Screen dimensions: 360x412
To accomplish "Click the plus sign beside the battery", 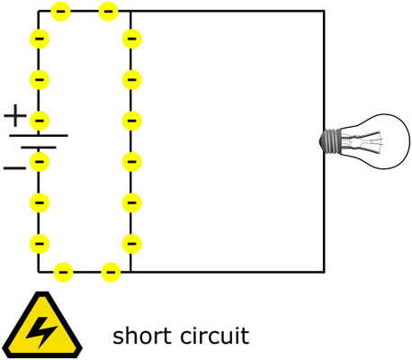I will click(x=15, y=115).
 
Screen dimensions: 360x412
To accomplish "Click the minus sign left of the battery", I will click(x=15, y=167).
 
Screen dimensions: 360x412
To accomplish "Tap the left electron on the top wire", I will click(x=61, y=11).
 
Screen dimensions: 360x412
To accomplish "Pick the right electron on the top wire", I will click(x=108, y=11).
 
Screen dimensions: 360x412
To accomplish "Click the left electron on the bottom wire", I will click(x=63, y=271).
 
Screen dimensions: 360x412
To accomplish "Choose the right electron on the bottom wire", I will click(x=110, y=271).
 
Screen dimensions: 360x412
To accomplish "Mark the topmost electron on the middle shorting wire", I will click(x=131, y=39).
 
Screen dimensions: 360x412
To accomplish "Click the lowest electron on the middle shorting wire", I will click(x=131, y=242).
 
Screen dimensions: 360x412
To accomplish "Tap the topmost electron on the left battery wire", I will click(x=39, y=39).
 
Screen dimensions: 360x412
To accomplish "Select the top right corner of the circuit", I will click(x=324, y=11).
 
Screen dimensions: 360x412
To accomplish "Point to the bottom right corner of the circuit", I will click(x=324, y=271).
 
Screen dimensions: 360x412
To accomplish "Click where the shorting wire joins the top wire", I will click(x=130, y=11).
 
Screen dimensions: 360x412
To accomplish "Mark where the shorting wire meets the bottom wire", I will click(x=130, y=271).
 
